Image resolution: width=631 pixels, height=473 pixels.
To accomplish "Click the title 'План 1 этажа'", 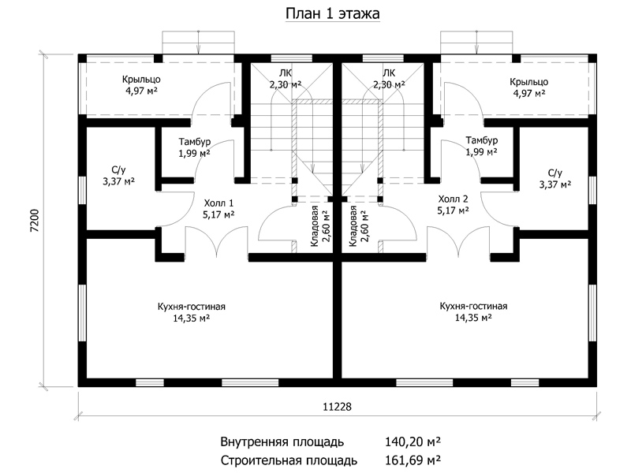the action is pos(332,13).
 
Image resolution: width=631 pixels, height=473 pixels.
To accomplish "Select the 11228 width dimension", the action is pos(337,407).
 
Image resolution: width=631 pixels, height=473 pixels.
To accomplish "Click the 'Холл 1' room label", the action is pos(218,203).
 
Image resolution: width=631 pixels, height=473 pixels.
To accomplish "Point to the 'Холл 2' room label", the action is pos(453,199).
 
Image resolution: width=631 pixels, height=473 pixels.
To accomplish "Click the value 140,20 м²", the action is pos(413,442).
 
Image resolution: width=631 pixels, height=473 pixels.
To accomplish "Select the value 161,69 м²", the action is pos(413,460).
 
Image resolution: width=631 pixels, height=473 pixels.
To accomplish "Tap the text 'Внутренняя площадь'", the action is pos(282,442).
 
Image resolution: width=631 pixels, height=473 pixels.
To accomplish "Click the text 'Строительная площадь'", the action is pos(289,460).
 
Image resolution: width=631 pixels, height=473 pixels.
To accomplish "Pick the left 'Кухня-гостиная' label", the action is pos(192,307).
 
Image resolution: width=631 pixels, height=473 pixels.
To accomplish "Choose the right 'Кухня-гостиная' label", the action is pos(473,306).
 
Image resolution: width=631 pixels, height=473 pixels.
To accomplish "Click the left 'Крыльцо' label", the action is pos(141,80).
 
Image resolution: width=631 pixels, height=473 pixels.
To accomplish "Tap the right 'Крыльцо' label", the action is pos(528,82).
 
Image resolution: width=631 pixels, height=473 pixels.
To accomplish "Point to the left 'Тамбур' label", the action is pos(195,142).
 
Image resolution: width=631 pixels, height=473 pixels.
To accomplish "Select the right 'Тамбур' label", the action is pos(482,140).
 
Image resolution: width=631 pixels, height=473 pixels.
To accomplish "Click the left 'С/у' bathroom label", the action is pos(119,169).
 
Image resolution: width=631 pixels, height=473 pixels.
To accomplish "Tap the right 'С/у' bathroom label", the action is pos(555,173).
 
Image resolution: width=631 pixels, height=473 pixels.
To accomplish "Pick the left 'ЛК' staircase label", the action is pos(286,73).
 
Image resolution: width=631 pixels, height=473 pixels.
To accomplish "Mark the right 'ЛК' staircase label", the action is pos(389,73).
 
